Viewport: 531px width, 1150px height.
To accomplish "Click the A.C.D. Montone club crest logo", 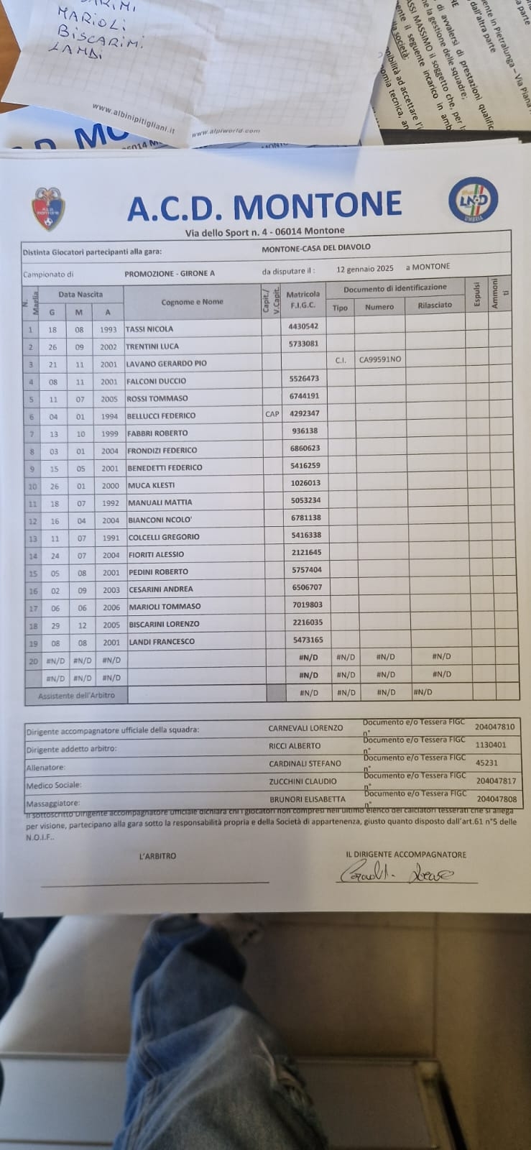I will (49, 208).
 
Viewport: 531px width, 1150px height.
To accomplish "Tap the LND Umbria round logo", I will (473, 198).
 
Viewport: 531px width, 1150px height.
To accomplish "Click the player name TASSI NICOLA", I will (149, 329).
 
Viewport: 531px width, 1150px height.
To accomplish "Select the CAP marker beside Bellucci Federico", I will (272, 414).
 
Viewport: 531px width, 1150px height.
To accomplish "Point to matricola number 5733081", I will (303, 344).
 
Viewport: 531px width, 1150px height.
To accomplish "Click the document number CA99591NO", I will (380, 359).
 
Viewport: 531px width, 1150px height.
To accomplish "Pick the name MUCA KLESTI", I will (151, 485).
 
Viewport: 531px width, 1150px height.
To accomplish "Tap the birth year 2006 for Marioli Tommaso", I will (111, 607).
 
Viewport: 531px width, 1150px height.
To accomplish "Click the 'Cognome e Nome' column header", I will (192, 302).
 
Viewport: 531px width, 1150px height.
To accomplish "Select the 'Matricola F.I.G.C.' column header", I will (303, 299).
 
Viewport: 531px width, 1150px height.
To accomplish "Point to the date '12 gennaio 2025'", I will (365, 269).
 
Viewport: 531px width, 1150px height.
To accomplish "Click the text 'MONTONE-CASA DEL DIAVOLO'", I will (316, 247).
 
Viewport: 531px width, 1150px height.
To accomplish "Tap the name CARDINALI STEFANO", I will (305, 763).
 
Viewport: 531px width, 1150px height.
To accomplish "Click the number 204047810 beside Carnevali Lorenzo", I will (495, 727).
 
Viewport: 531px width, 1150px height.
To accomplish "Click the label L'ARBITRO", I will (157, 856).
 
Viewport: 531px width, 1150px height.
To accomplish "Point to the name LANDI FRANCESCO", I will (161, 642).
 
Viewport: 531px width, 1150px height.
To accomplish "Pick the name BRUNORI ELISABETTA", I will (308, 799).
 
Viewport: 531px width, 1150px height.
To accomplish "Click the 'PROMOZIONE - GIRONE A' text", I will (170, 274).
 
